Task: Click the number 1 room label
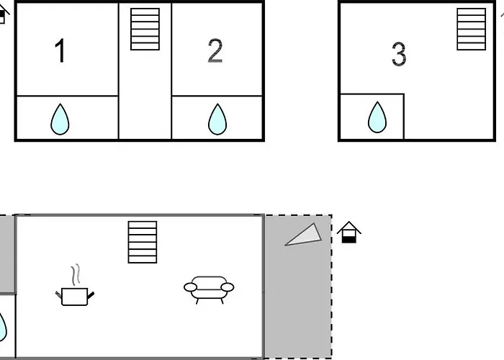click(60, 50)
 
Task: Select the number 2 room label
click(215, 50)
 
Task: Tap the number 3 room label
click(399, 54)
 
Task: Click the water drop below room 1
click(60, 120)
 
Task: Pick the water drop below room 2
click(217, 120)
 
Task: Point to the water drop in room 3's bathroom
click(377, 117)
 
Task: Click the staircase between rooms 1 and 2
click(145, 30)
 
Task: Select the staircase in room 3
click(471, 30)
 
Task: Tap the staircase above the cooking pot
click(143, 242)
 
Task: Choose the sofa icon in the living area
click(209, 290)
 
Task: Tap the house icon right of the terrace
click(348, 232)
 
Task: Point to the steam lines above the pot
click(76, 275)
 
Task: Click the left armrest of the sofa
click(190, 287)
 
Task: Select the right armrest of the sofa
click(228, 287)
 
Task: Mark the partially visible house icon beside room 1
click(3, 14)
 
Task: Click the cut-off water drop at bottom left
click(3, 327)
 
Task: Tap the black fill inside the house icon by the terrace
click(348, 240)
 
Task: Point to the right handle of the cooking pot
click(91, 294)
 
